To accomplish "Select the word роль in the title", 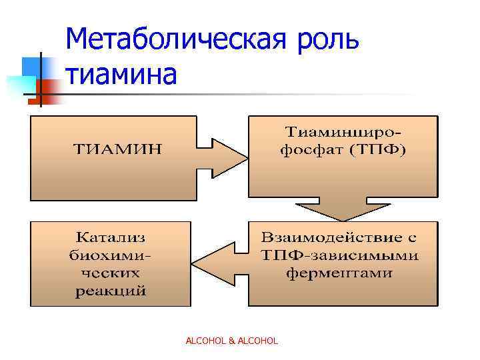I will click(324, 41).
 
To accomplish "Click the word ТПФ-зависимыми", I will click(340, 255).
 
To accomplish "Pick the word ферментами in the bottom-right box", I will click(340, 273).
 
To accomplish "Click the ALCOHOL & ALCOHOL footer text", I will click(231, 341).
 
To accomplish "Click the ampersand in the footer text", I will click(231, 341).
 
